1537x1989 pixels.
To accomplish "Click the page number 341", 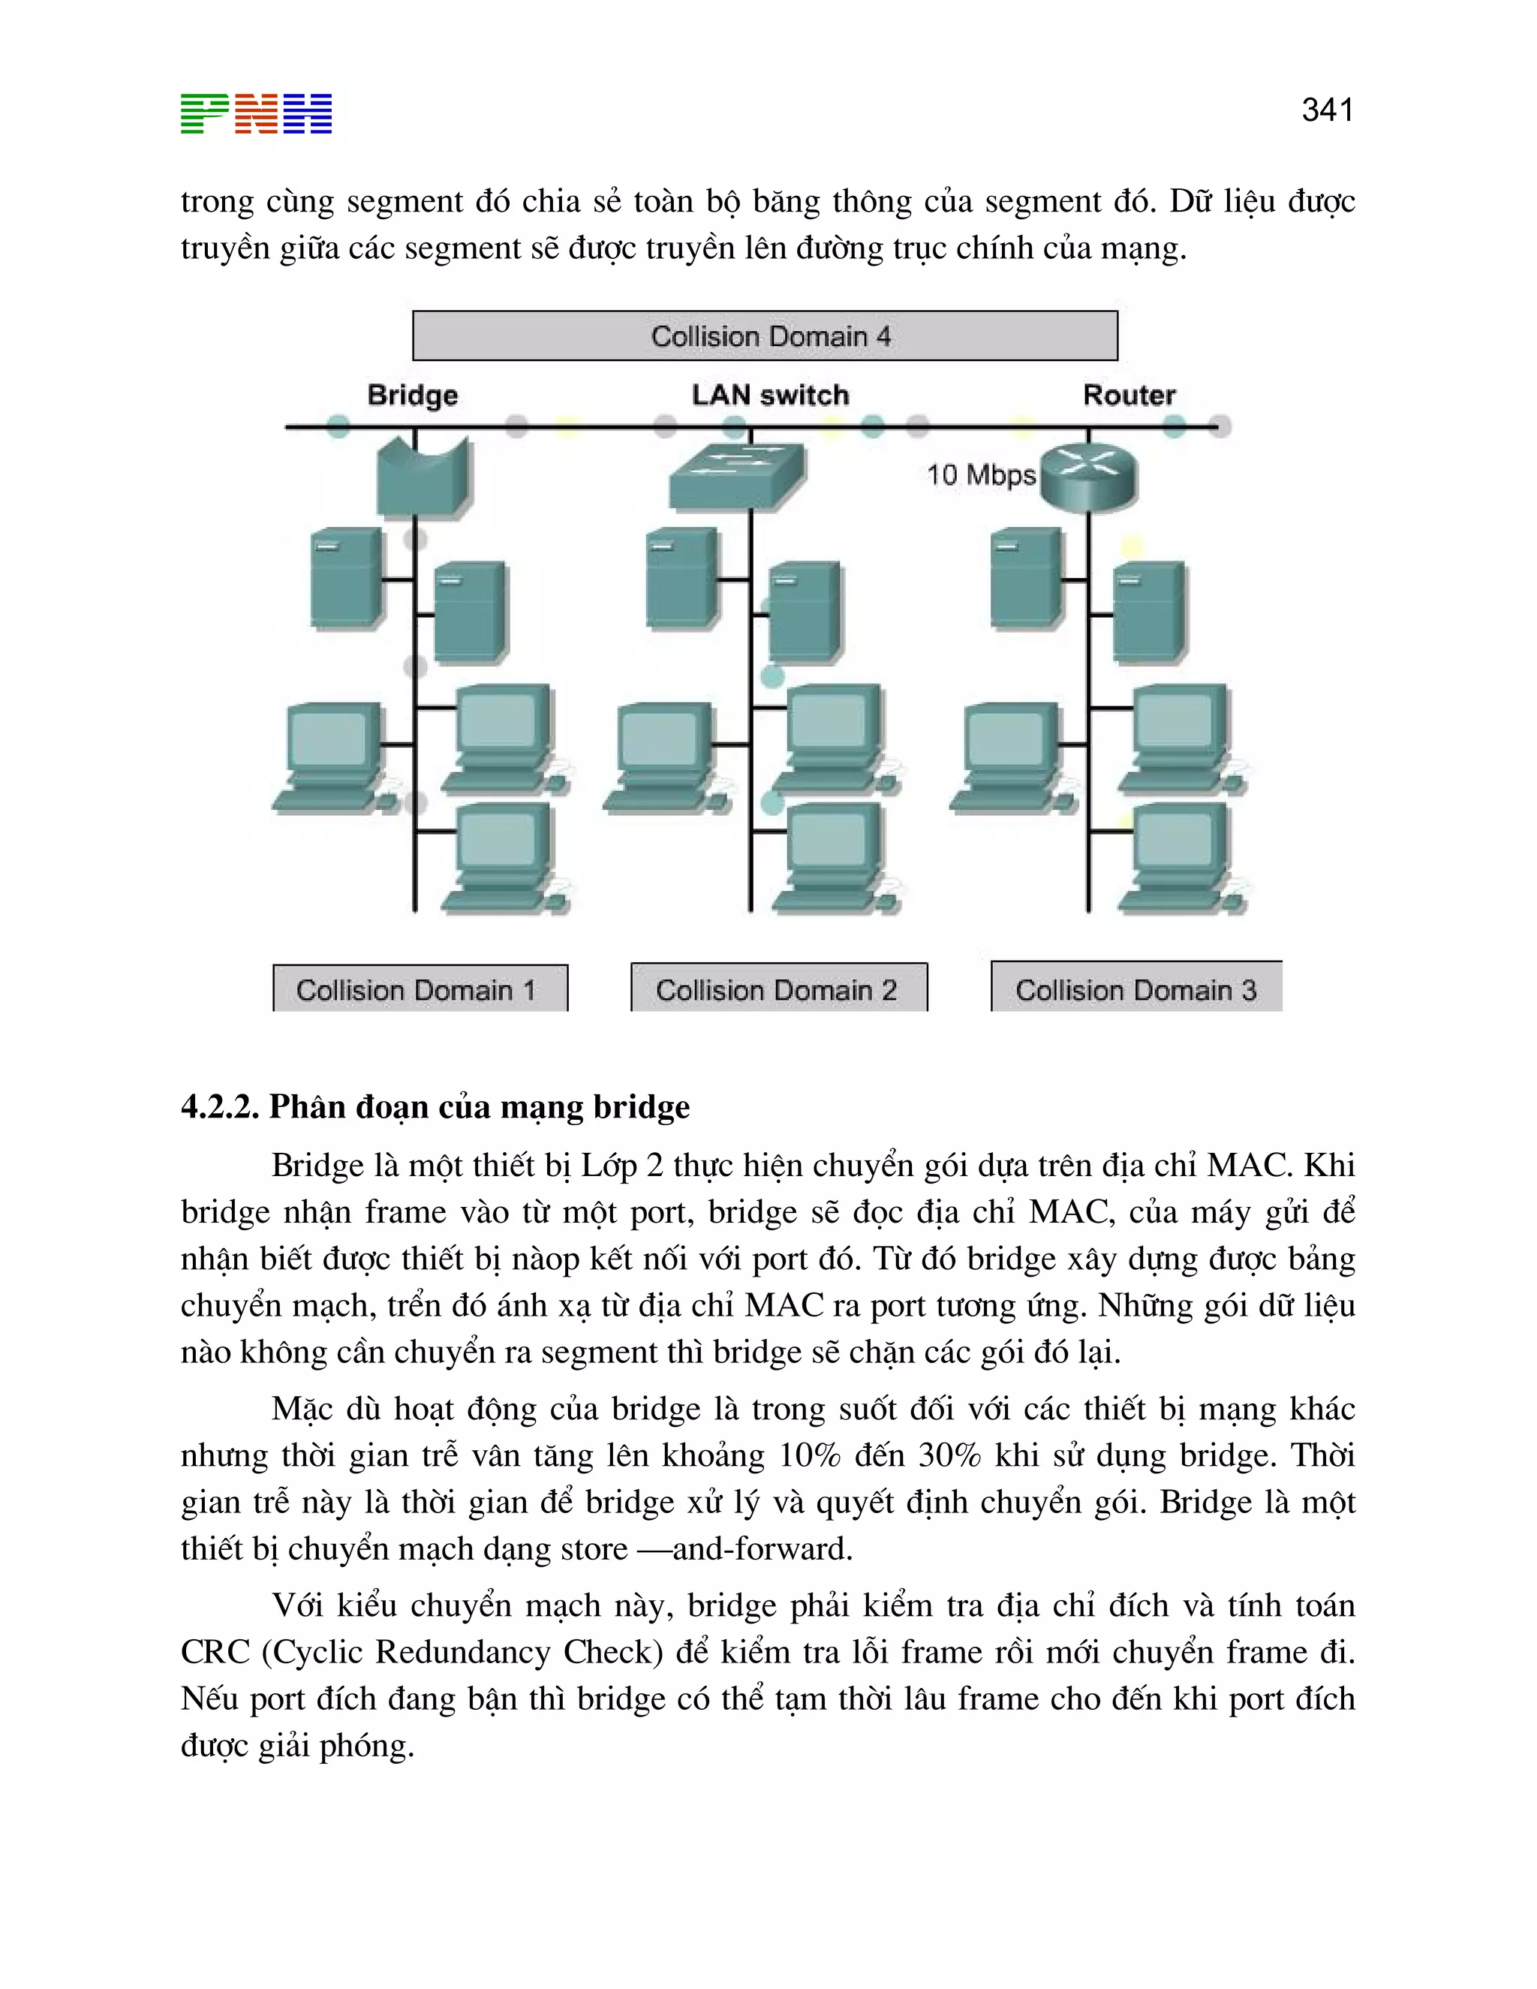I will (x=1327, y=110).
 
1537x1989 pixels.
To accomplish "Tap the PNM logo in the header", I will (x=256, y=114).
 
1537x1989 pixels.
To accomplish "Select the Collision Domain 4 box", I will (x=765, y=336).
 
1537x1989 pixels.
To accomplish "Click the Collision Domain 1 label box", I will (x=420, y=989).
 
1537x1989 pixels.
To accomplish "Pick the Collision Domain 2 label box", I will (x=778, y=989).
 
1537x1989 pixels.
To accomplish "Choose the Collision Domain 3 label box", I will (x=1135, y=989).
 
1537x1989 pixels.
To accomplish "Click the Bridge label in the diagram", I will (x=413, y=396).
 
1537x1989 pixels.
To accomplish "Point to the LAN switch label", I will (x=770, y=396).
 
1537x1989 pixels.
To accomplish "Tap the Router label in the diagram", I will (x=1129, y=396).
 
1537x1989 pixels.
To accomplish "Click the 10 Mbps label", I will (x=981, y=474).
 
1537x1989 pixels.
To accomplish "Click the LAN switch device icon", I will (x=738, y=475).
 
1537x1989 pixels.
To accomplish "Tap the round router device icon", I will (x=1089, y=475).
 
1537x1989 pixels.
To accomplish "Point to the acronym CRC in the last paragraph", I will (x=215, y=1652).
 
